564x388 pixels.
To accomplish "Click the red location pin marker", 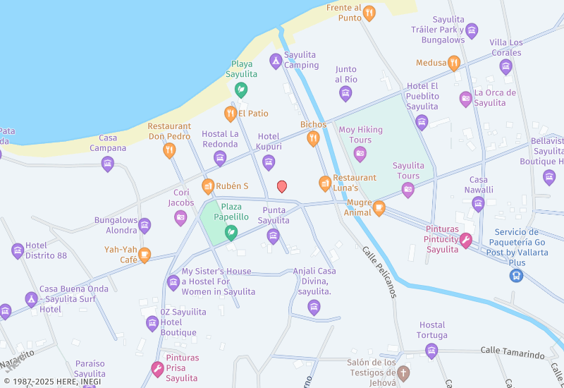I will pos(282,186).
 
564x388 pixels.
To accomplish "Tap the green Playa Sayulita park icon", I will pos(241,90).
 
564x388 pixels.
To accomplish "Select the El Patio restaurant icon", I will pos(230,114).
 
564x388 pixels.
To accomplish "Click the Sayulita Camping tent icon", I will pos(276,61).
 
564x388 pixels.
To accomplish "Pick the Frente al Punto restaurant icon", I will pos(369,13).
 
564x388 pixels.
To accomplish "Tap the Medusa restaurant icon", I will pos(454,63).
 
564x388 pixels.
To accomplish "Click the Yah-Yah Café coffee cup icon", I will pos(145,255).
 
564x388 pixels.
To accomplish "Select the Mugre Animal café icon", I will pos(379,207).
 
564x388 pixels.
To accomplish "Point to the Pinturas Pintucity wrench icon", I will pos(465,241).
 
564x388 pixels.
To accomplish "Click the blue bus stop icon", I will pos(517,275).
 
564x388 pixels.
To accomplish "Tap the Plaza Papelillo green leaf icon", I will pos(230,231).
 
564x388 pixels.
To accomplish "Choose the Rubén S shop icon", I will pos(208,186).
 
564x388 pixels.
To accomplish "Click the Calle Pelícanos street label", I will pos(379,272).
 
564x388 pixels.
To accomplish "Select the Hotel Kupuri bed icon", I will pos(269,163).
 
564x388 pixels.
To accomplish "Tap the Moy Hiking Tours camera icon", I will pos(360,154).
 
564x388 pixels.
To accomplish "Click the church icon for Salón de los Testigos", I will pos(403,372).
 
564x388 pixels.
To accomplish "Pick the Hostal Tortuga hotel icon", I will pos(431,351).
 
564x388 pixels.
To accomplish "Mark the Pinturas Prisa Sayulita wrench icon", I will pos(158,368).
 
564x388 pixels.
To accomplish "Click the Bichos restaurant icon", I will pos(313,139).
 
